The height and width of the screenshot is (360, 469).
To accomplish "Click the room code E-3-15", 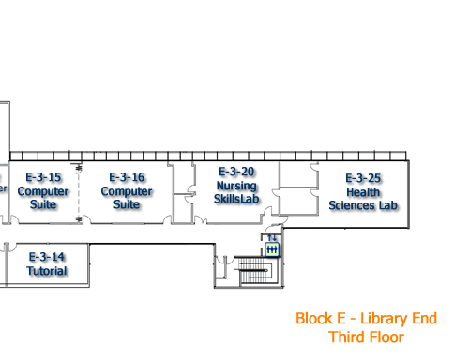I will pyautogui.click(x=43, y=177).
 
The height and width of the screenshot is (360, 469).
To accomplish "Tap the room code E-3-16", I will pyautogui.click(x=127, y=177).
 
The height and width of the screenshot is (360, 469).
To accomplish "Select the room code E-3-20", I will pyautogui.click(x=236, y=172).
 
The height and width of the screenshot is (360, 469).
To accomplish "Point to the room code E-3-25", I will pyautogui.click(x=362, y=178).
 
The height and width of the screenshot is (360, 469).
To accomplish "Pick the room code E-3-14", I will pyautogui.click(x=46, y=257).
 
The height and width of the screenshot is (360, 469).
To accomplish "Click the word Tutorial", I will pyautogui.click(x=46, y=271).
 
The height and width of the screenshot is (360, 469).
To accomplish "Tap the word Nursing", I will pyautogui.click(x=236, y=185).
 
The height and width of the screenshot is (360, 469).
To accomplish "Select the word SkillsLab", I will pyautogui.click(x=236, y=198).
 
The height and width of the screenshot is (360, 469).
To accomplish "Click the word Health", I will pyautogui.click(x=362, y=192).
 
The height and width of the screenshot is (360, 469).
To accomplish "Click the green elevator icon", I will pyautogui.click(x=272, y=249).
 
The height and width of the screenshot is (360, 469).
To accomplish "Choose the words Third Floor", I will pyautogui.click(x=366, y=337).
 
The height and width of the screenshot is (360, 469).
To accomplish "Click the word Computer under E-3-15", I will pyautogui.click(x=43, y=191).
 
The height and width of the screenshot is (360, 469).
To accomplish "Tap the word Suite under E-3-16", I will pyautogui.click(x=127, y=204).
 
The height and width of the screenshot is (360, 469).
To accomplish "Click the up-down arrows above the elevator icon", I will pyautogui.click(x=272, y=238).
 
